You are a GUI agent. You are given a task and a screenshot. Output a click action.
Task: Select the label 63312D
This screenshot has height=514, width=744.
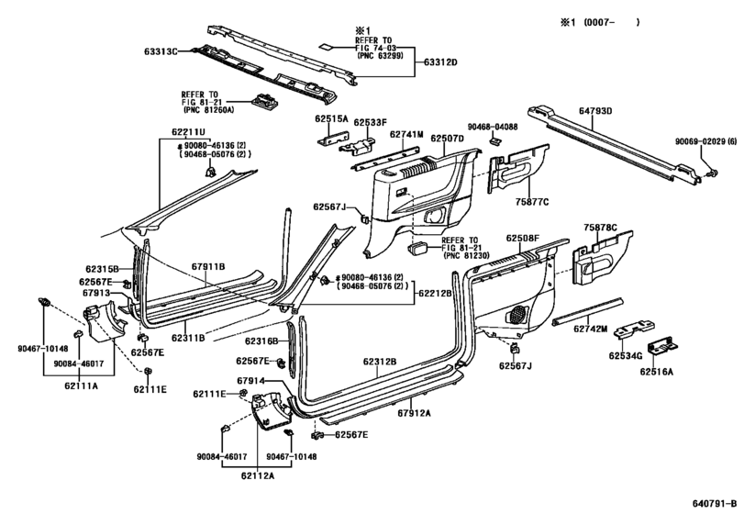click(439, 62)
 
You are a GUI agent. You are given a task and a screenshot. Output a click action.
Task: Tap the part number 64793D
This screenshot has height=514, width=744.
click(595, 111)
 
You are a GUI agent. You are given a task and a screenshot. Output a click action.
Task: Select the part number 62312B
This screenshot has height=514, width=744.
click(379, 362)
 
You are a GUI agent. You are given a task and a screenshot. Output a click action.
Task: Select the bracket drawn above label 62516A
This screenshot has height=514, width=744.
click(661, 348)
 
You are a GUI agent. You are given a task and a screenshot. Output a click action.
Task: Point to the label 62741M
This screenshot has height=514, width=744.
click(406, 136)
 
